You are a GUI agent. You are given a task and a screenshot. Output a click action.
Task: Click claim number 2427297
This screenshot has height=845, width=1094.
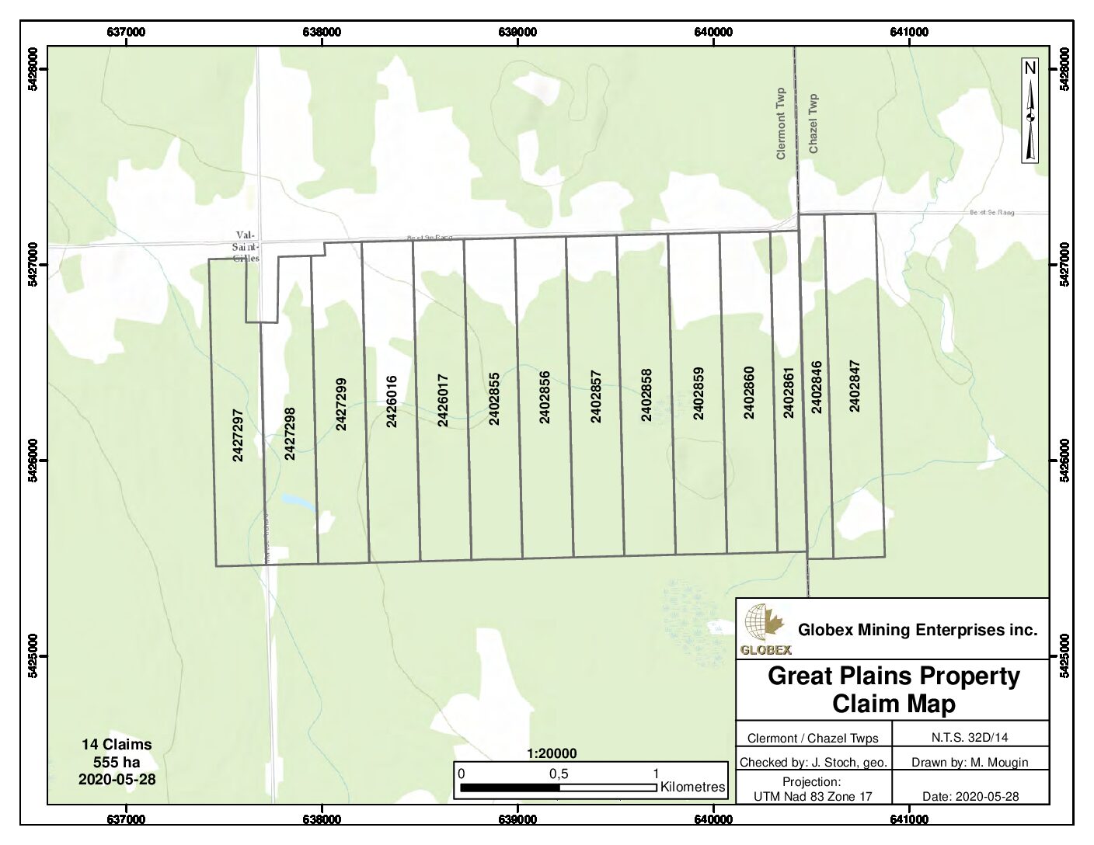238,436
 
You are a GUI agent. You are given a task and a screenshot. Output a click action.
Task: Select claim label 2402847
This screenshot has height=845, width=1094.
855,385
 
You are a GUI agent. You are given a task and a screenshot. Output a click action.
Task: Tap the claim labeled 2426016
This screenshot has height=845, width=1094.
392,402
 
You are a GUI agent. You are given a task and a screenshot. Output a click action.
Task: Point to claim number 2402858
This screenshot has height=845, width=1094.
646,395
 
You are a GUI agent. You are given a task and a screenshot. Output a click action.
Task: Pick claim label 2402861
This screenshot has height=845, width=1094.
789,393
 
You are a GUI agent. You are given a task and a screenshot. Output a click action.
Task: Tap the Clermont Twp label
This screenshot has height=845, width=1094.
781,123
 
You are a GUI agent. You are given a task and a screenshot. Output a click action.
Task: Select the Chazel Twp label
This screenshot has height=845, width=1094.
814,123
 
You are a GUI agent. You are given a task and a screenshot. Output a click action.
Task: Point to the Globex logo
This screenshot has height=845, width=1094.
765,629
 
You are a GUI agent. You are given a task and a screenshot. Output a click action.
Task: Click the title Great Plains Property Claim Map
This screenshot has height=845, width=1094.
893,690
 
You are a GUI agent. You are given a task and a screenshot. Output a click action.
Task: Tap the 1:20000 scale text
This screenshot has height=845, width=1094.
552,753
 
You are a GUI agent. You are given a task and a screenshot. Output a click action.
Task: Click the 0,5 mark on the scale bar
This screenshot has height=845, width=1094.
559,774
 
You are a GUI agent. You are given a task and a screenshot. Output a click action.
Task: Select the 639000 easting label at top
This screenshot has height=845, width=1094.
517,33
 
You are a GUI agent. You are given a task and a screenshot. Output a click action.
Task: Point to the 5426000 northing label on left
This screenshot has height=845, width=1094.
33,461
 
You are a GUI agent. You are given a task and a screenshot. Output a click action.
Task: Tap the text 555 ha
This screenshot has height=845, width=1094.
117,762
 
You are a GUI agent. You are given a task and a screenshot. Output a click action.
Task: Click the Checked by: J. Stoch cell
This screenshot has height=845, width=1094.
813,762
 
